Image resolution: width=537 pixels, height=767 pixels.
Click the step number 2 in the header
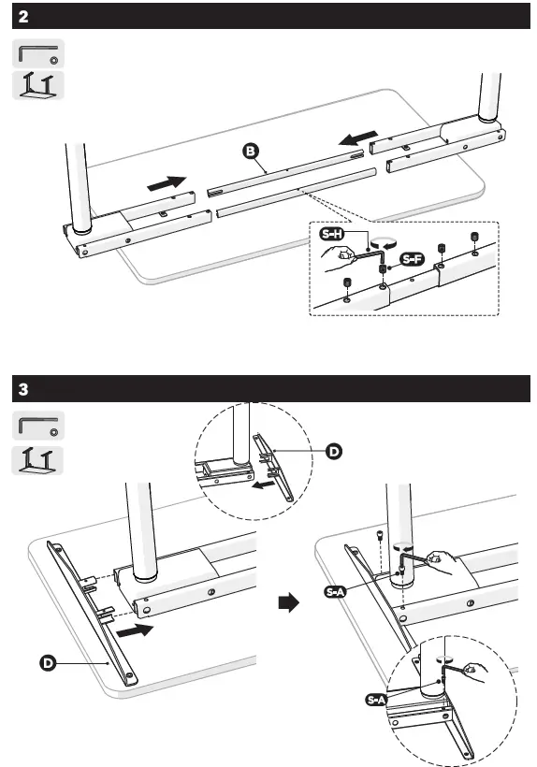tap(23, 17)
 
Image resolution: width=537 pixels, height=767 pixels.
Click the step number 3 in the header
tap(23, 388)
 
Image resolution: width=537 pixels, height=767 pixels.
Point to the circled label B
tap(250, 151)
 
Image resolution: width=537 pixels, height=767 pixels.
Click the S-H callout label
tap(331, 235)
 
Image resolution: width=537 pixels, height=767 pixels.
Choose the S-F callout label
tap(411, 258)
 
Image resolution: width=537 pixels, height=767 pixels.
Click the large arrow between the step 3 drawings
tap(291, 603)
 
